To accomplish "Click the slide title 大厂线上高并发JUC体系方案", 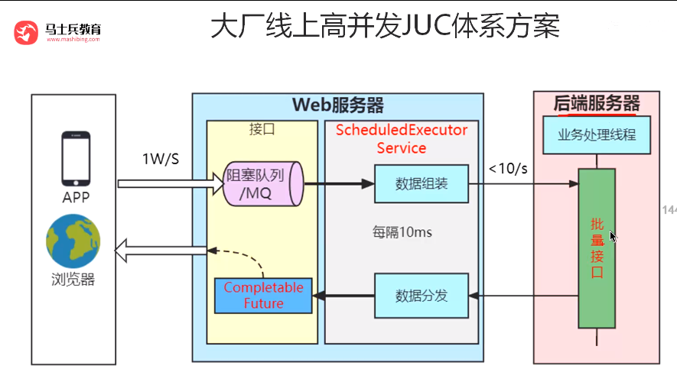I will [385, 27].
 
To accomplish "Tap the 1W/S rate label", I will [161, 159].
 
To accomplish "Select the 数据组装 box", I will [421, 184].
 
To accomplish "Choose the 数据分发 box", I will [421, 296].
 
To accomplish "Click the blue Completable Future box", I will [263, 296].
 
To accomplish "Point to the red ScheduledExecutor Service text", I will [402, 138].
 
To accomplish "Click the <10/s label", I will [509, 168].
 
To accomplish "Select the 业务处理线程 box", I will [597, 137].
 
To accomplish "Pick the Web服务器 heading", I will [337, 105].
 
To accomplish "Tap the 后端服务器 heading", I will [597, 102].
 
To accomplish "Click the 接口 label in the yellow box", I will [262, 129].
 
